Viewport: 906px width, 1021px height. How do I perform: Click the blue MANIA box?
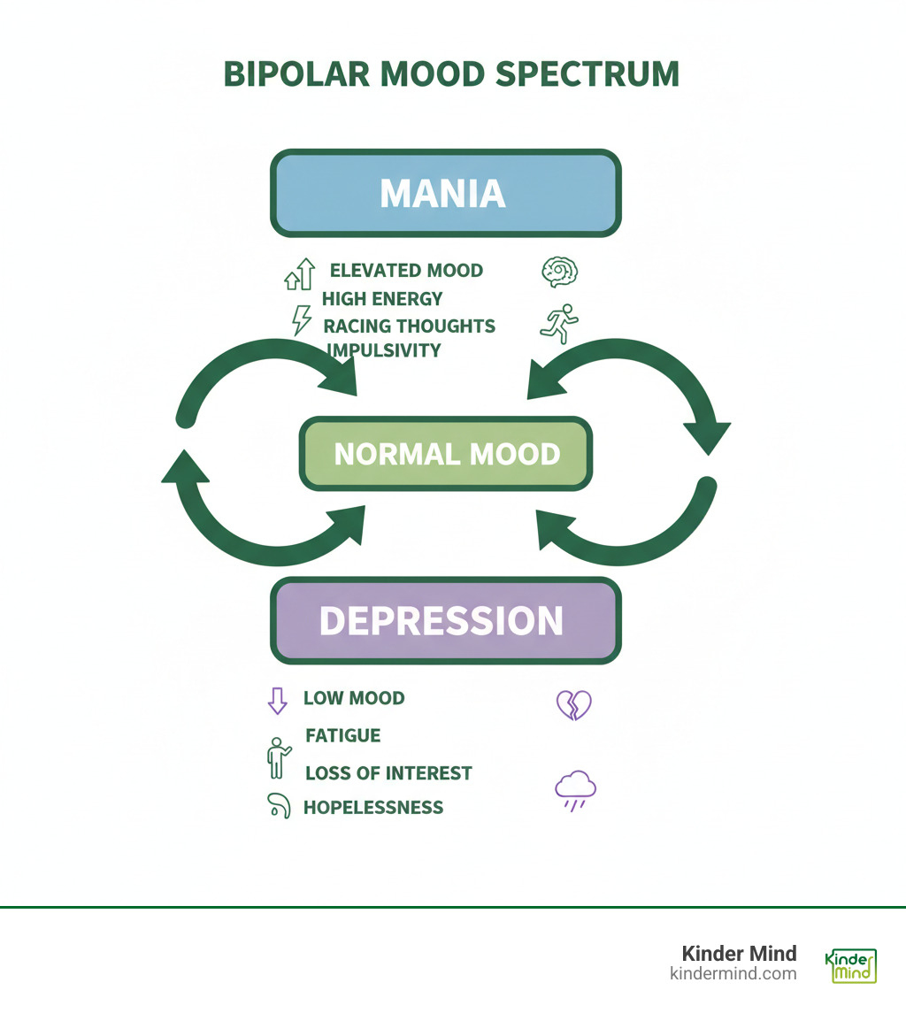click(444, 194)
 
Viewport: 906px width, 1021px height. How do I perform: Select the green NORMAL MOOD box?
click(446, 454)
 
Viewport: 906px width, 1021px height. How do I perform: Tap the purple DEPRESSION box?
click(444, 621)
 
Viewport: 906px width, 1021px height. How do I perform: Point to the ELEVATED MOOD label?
click(406, 271)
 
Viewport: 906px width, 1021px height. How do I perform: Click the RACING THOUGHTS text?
click(409, 326)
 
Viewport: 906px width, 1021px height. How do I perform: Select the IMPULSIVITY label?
click(384, 350)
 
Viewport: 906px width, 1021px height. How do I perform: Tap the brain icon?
click(559, 272)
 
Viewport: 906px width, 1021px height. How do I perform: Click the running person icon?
click(559, 323)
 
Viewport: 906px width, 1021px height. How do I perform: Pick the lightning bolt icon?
click(301, 319)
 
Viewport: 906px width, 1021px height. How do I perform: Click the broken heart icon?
click(572, 705)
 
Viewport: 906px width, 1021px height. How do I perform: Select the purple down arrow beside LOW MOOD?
click(277, 701)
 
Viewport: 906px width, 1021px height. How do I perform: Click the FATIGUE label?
click(342, 735)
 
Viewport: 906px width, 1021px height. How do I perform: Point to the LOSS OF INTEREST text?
click(388, 773)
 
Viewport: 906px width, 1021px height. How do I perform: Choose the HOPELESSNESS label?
click(373, 807)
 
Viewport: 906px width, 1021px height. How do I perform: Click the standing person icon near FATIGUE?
click(278, 757)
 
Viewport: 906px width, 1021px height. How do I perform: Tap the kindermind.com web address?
click(733, 974)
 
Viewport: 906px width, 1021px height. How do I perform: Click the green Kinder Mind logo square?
click(850, 965)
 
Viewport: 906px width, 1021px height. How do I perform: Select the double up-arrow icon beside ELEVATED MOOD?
click(299, 275)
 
